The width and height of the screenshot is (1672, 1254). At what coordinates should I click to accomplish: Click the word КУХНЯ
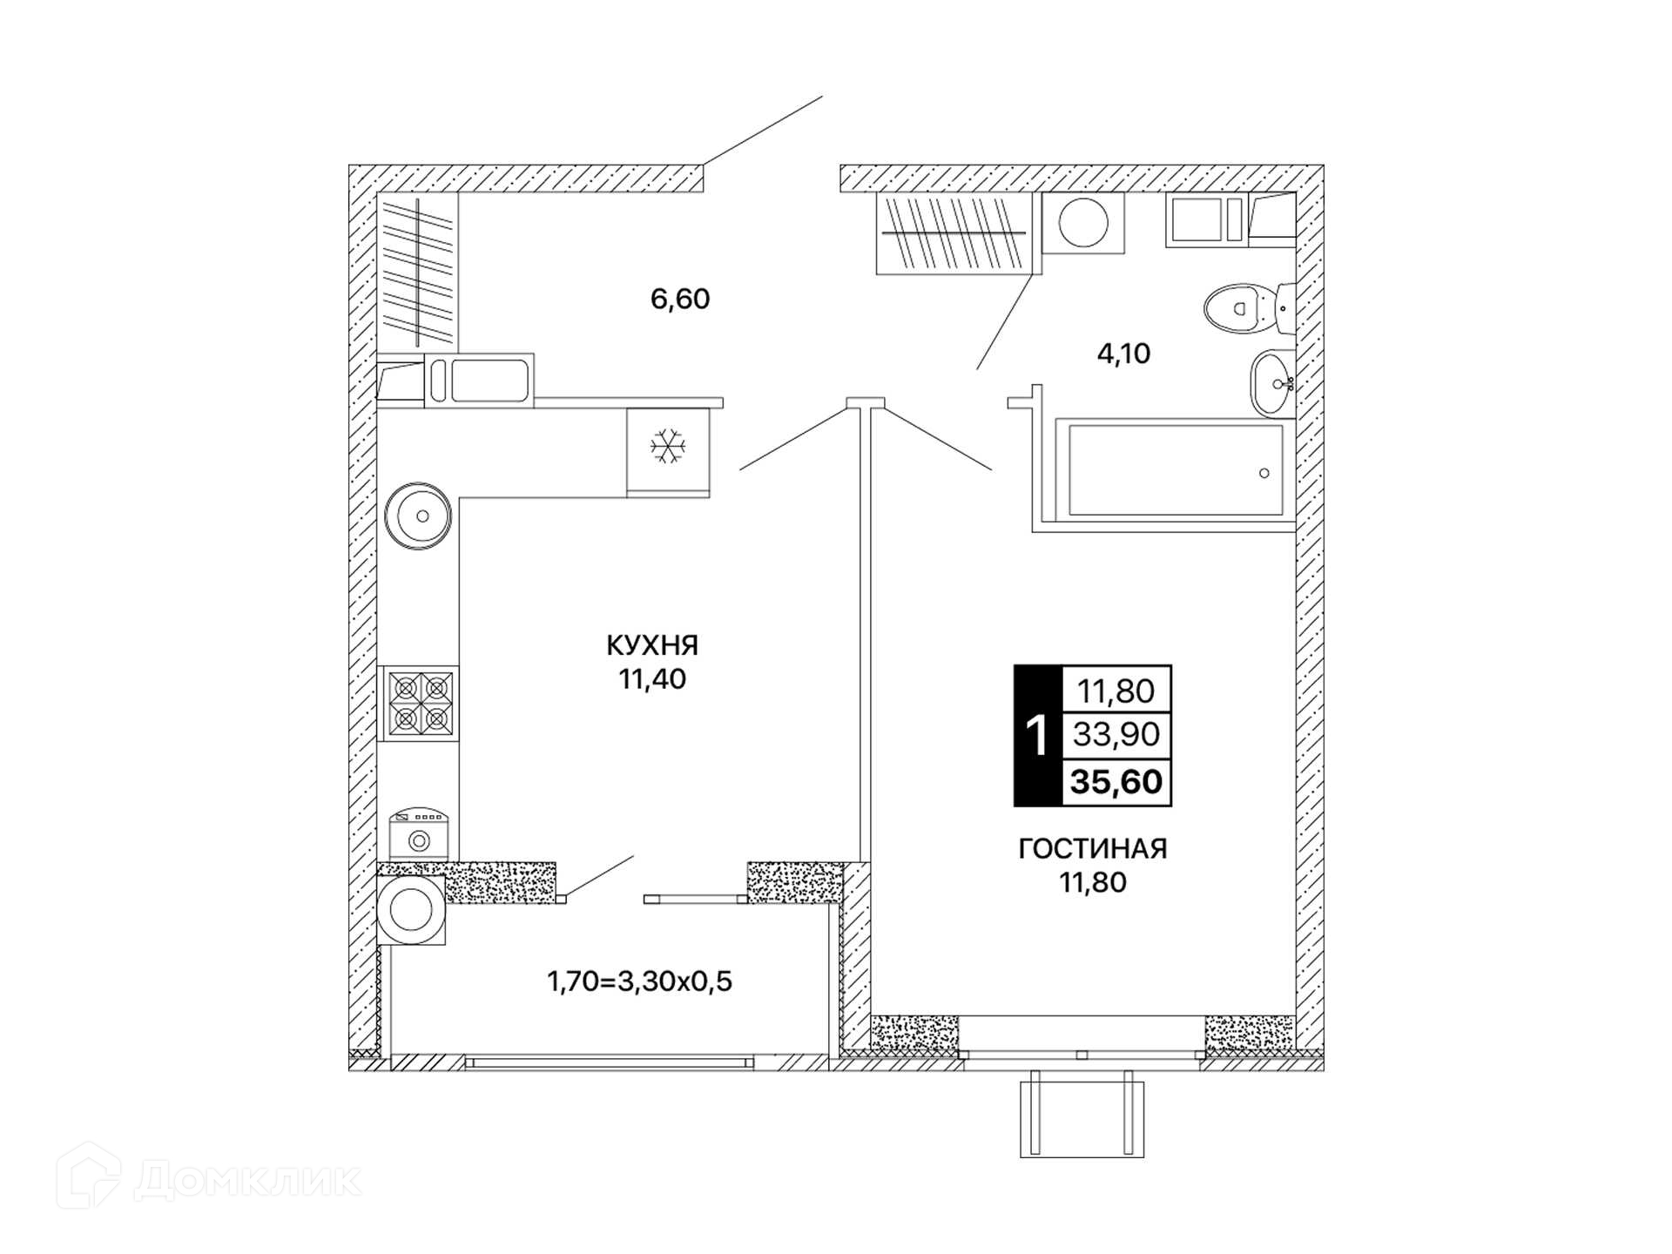(x=652, y=645)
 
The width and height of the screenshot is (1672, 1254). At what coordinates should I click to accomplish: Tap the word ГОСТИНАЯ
(x=1092, y=848)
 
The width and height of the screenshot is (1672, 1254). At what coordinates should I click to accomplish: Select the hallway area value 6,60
(x=680, y=299)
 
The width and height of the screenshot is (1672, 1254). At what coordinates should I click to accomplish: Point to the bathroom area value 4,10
(x=1123, y=354)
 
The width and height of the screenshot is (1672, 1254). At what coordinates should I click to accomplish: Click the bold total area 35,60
(x=1116, y=782)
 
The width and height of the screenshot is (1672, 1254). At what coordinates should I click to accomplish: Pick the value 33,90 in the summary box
(x=1116, y=735)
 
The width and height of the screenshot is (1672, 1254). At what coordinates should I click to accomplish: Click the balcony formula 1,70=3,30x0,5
(x=639, y=981)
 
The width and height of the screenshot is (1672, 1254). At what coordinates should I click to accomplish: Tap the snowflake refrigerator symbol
(x=668, y=446)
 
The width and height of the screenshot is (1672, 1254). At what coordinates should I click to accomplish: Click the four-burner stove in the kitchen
(x=421, y=704)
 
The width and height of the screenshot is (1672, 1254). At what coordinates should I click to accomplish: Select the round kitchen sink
(x=419, y=516)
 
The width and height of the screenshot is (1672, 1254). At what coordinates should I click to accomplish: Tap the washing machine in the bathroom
(x=1083, y=223)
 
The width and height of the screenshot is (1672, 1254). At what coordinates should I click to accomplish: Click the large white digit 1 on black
(x=1037, y=736)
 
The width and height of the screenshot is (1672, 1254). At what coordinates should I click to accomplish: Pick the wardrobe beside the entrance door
(x=954, y=233)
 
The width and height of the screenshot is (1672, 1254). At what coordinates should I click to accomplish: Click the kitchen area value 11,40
(x=652, y=679)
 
